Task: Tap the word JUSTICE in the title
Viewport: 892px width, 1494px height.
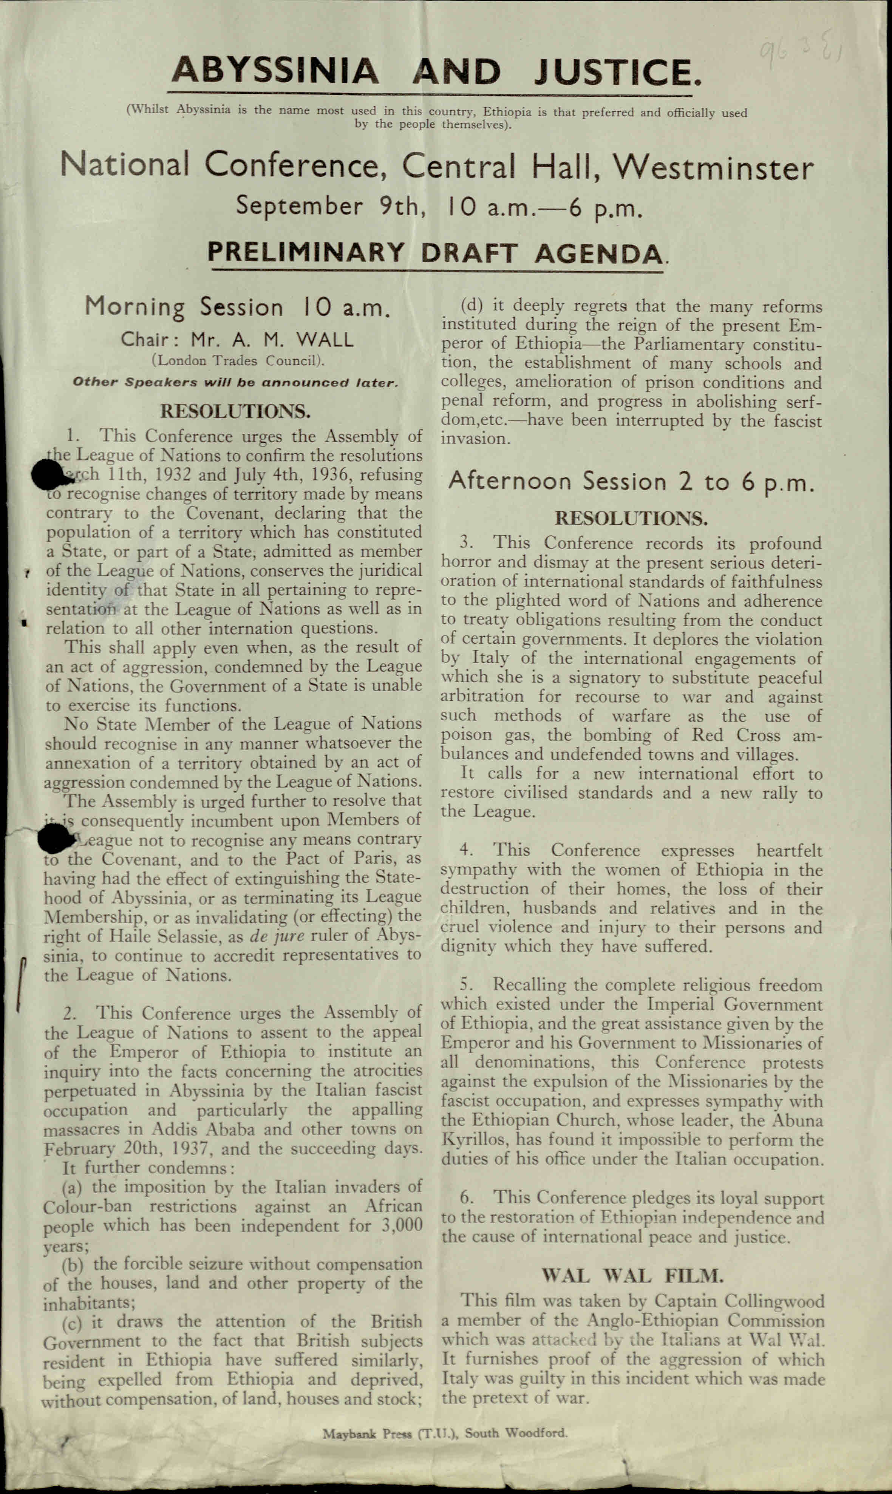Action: point(617,72)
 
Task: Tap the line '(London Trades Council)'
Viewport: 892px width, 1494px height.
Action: point(238,361)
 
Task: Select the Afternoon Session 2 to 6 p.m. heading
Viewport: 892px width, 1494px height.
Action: point(631,482)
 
